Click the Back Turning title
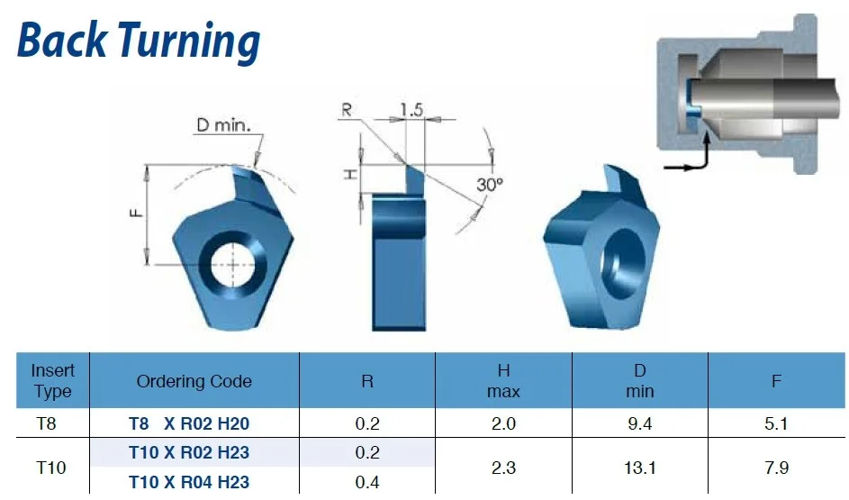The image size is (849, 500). [139, 41]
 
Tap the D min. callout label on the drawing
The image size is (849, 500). [223, 125]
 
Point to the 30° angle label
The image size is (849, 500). [490, 185]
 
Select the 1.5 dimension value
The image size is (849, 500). [411, 109]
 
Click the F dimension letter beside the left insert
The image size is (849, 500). [137, 213]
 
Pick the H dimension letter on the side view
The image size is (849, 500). [351, 175]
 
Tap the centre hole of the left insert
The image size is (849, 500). [233, 265]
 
